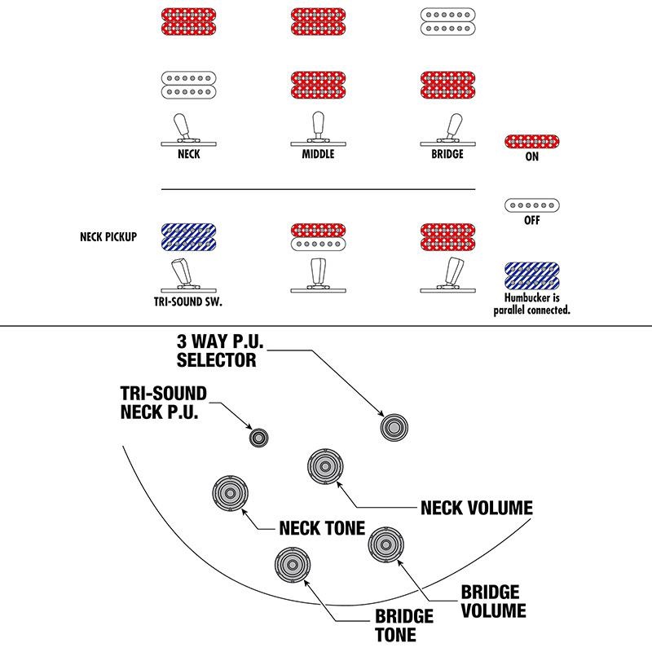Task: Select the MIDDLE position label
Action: tap(318, 154)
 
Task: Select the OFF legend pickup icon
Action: tap(531, 205)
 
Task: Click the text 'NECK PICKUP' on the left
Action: tap(108, 238)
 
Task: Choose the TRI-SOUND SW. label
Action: tap(188, 302)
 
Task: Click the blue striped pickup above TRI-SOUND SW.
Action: tap(188, 237)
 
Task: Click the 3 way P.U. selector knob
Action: tap(395, 425)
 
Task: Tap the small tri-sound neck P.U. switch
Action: tap(259, 437)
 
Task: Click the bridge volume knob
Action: tap(383, 542)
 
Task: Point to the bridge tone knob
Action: tap(291, 563)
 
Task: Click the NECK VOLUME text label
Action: tap(477, 509)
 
